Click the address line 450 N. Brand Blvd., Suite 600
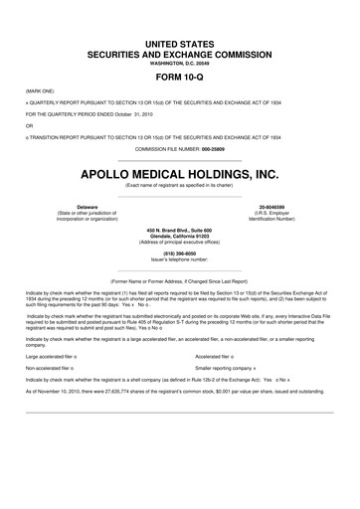coord(180,230)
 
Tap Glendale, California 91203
coord(180,236)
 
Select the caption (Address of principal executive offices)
coord(180,242)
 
